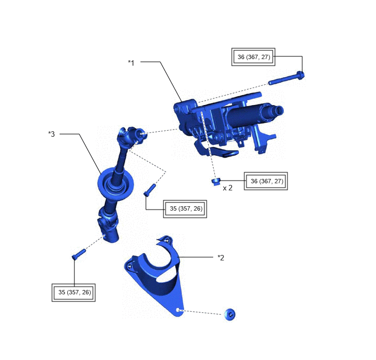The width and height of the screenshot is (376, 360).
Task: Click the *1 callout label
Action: (131, 63)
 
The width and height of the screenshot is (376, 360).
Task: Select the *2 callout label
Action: (221, 258)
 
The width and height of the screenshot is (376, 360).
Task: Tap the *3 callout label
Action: (51, 134)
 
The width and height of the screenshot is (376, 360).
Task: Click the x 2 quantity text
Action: (227, 188)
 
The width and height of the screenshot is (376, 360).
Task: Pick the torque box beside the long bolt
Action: (253, 57)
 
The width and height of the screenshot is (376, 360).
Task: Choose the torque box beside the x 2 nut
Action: (266, 181)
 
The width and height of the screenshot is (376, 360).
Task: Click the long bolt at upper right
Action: (286, 78)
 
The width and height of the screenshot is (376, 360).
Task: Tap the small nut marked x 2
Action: (216, 182)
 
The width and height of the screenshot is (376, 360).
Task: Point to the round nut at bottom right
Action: (230, 315)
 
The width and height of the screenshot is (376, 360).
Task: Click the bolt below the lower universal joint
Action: (79, 254)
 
